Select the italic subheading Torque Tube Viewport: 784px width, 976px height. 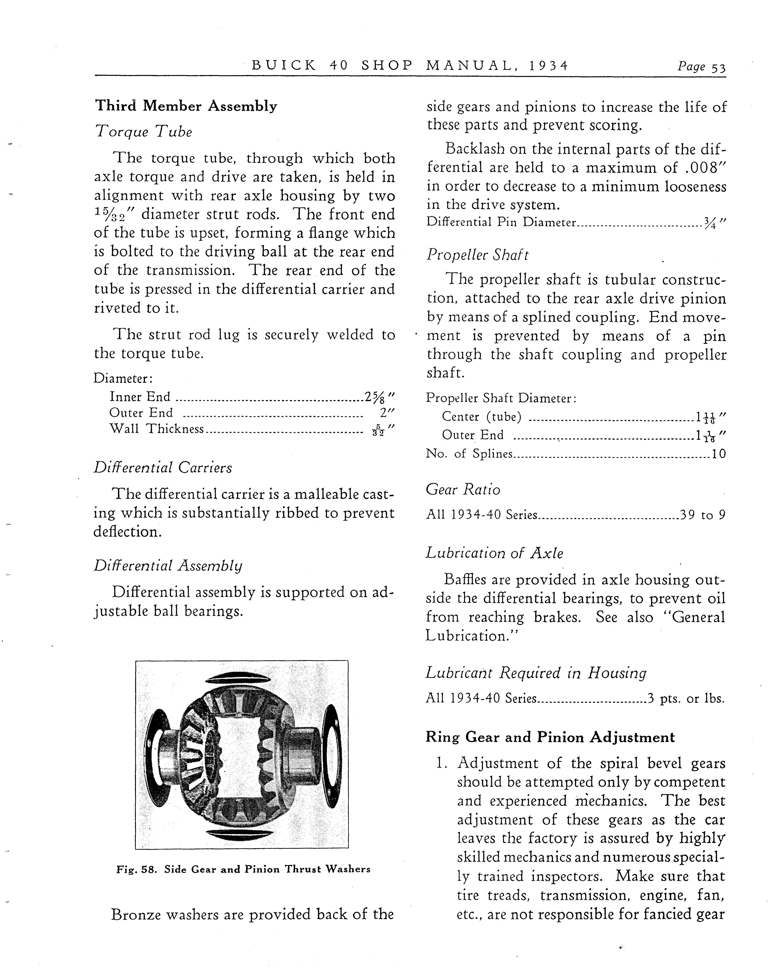click(x=144, y=132)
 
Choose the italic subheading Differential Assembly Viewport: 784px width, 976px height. click(x=168, y=565)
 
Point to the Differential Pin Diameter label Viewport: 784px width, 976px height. click(x=501, y=222)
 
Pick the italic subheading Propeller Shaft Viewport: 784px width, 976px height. click(x=477, y=255)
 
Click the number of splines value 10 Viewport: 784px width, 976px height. click(x=719, y=454)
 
